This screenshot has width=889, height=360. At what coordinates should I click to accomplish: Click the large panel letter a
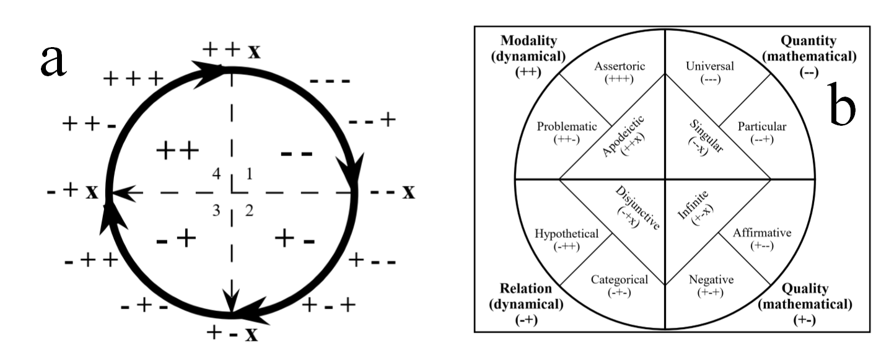(x=53, y=62)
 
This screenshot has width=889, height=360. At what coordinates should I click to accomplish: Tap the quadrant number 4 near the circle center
(x=216, y=175)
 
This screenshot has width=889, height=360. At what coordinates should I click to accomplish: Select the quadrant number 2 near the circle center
(x=249, y=211)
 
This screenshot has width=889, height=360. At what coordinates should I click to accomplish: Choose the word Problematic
(x=566, y=126)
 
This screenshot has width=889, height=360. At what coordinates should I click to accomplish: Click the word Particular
(x=761, y=126)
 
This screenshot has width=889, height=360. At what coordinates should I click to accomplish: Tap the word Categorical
(x=619, y=279)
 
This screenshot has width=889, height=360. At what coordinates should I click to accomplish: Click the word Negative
(x=711, y=279)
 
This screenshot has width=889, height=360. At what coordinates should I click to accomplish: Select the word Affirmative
(x=762, y=234)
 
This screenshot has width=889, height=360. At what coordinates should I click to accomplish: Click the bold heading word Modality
(x=534, y=42)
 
